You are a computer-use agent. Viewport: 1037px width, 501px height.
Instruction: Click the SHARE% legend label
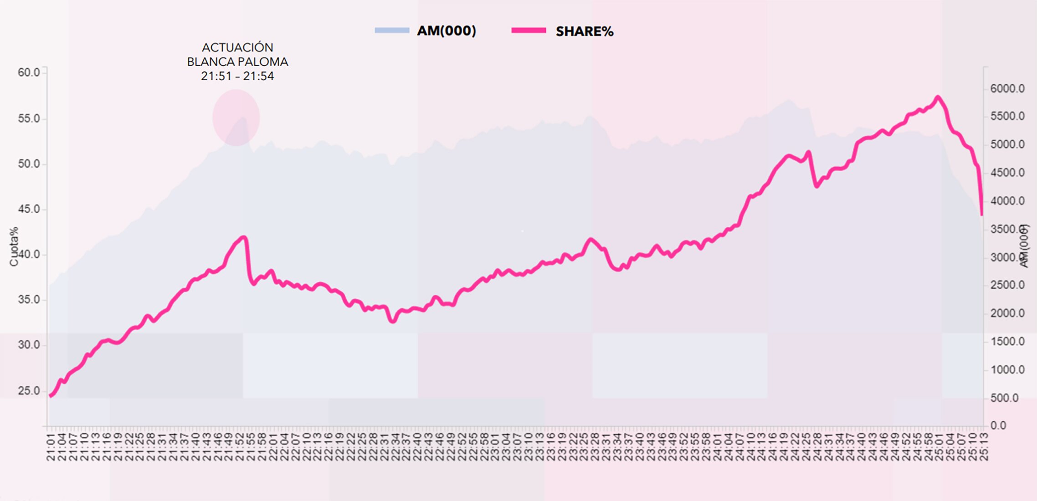tap(584, 31)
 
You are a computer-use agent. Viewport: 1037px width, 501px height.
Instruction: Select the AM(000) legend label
tap(447, 31)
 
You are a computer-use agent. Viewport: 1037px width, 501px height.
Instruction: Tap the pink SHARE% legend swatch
tap(529, 31)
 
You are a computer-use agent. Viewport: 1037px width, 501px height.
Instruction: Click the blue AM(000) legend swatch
tap(392, 31)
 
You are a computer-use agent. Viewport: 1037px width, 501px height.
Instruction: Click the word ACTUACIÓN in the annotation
tap(237, 47)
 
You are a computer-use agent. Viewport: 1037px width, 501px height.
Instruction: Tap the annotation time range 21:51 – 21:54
tap(237, 76)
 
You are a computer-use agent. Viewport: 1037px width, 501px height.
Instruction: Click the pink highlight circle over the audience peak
tap(236, 118)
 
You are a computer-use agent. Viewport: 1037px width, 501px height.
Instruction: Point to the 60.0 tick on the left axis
tap(29, 72)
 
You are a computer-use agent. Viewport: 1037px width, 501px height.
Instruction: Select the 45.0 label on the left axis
tap(29, 209)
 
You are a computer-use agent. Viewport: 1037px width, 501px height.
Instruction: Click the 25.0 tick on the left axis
tap(29, 391)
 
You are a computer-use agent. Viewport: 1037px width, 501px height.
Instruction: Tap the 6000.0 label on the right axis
tap(1007, 89)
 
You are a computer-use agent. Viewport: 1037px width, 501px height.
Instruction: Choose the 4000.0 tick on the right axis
tap(1007, 201)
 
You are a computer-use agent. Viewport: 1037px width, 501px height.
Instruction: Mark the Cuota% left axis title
tap(14, 246)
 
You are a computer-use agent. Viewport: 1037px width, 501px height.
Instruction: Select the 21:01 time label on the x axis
tap(51, 447)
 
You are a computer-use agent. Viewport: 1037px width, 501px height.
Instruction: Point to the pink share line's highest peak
tap(937, 97)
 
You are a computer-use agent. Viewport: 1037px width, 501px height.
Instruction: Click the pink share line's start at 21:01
tap(50, 396)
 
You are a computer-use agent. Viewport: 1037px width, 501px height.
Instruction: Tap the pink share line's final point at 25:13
tap(981, 215)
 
